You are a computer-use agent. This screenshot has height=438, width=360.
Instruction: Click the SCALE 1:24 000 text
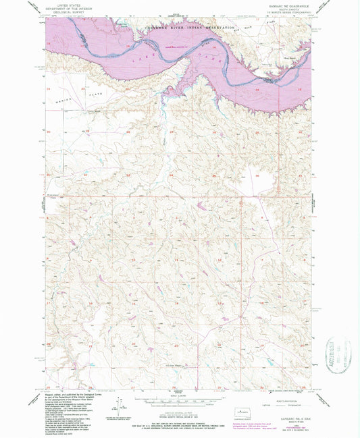179,395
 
